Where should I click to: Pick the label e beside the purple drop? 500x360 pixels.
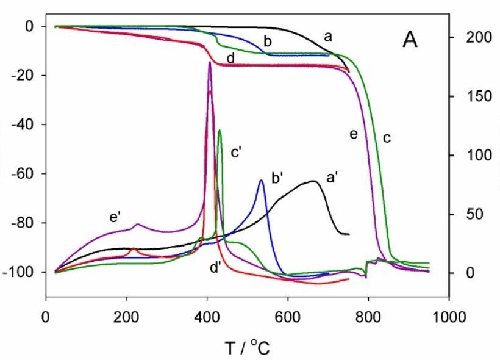(x=353, y=134)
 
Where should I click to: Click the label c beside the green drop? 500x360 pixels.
(x=386, y=138)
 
